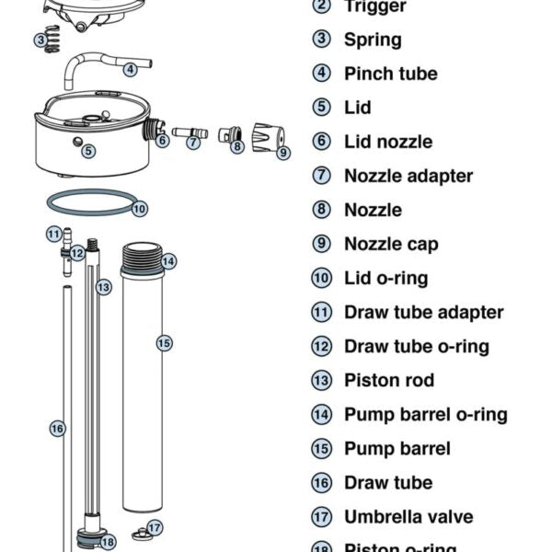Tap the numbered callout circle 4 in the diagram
click(131, 68)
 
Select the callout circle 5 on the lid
click(88, 150)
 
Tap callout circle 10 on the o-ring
click(138, 209)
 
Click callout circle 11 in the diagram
click(54, 234)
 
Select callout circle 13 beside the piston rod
click(104, 287)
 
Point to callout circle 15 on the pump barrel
click(164, 343)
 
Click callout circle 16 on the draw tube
click(57, 428)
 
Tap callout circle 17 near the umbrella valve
click(155, 527)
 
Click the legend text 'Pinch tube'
click(391, 74)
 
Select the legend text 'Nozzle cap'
click(391, 244)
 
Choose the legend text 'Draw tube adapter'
click(424, 312)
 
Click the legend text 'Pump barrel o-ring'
click(426, 414)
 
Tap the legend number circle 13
click(321, 380)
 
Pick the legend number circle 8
click(321, 210)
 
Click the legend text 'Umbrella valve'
click(408, 516)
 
